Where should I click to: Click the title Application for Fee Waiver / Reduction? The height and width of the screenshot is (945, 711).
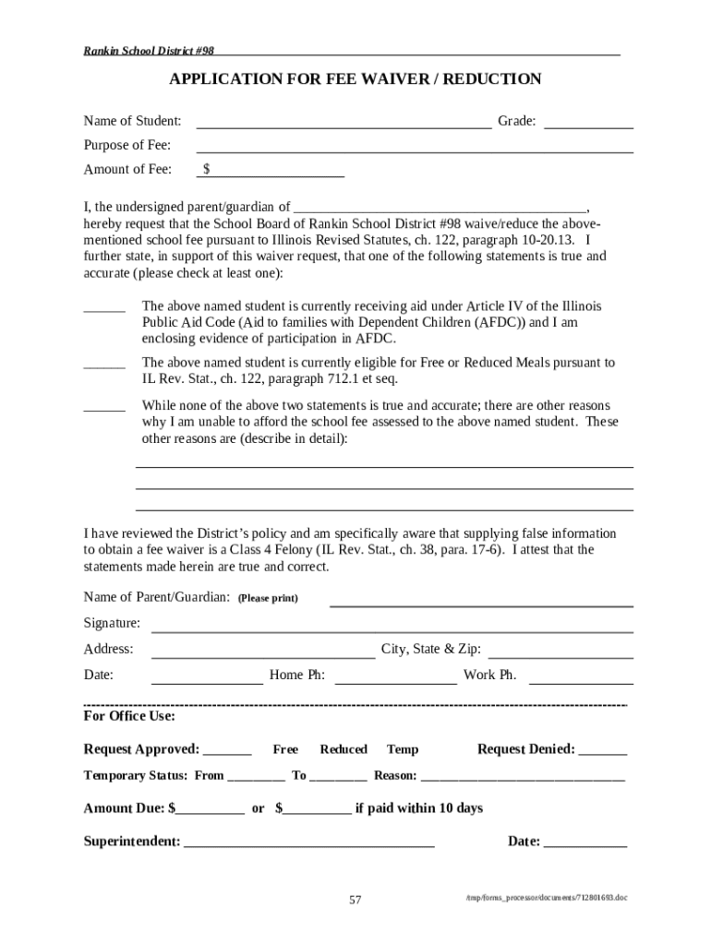pos(355,79)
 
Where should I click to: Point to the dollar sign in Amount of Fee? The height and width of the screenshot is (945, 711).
pos(207,170)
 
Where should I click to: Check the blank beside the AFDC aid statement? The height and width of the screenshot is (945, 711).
pos(104,308)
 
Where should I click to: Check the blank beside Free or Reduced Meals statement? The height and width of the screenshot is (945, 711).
pos(104,365)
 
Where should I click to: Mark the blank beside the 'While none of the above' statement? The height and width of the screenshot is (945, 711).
pos(104,407)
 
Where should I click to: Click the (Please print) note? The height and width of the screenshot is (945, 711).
pos(268,598)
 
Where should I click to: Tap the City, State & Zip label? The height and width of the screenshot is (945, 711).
pos(431,650)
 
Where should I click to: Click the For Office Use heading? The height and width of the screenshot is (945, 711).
pos(129,717)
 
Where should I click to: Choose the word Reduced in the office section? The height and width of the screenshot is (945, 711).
pos(343,750)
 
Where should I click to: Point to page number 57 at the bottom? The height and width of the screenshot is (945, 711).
pos(355,901)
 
